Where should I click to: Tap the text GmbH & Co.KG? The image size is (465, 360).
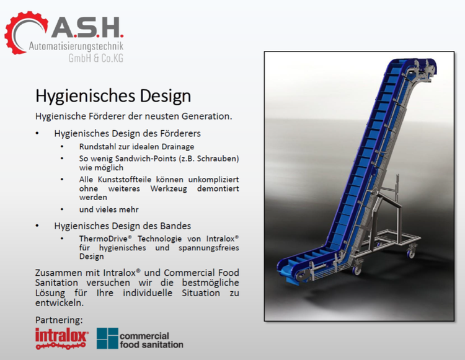tap(95, 59)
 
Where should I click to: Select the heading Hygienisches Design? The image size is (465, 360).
tap(112, 96)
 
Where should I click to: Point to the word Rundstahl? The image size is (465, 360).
tap(97, 146)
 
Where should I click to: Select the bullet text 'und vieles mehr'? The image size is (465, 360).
tap(108, 209)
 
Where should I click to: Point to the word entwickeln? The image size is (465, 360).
tap(58, 303)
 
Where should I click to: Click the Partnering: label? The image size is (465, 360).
tap(59, 320)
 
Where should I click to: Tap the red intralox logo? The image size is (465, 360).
tap(62, 338)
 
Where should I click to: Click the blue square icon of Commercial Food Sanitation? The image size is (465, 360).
tap(107, 338)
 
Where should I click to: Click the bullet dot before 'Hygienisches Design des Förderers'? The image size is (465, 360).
tap(38, 133)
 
